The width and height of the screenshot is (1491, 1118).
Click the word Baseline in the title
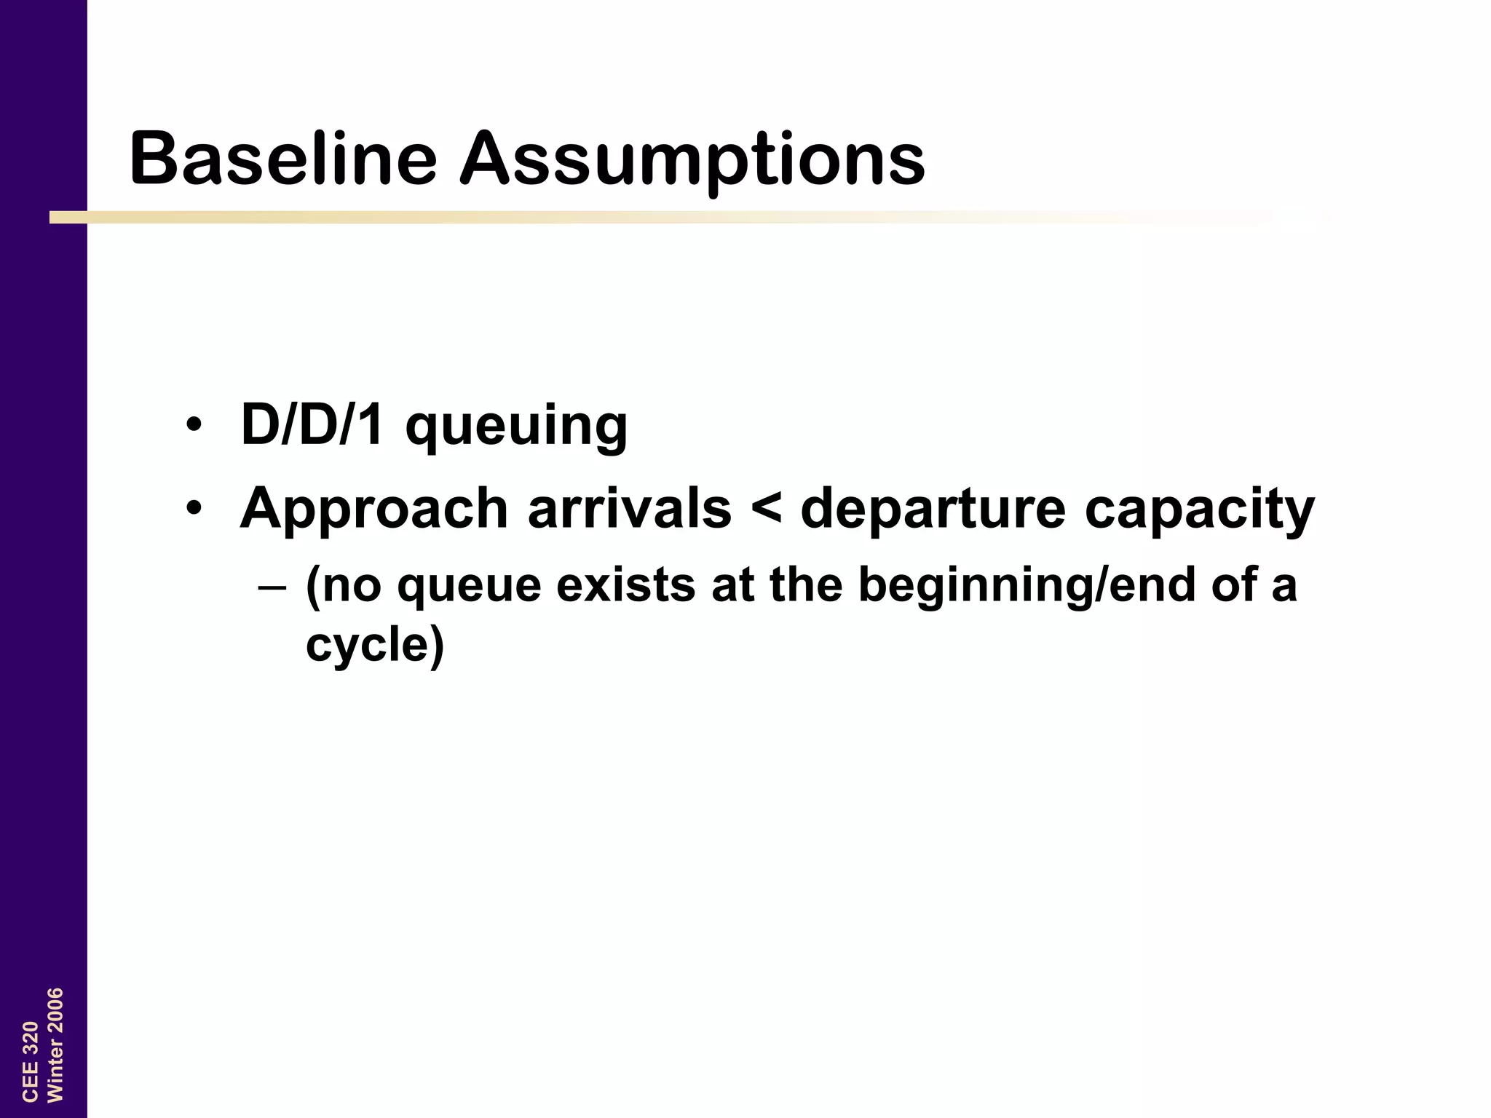[283, 158]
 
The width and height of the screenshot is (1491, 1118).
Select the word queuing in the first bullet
[516, 429]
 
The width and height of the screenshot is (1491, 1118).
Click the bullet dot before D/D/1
[193, 425]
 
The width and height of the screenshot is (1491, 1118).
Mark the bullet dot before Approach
[193, 508]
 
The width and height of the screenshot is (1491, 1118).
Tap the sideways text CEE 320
[30, 1060]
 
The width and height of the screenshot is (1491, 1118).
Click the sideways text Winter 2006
[55, 1045]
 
